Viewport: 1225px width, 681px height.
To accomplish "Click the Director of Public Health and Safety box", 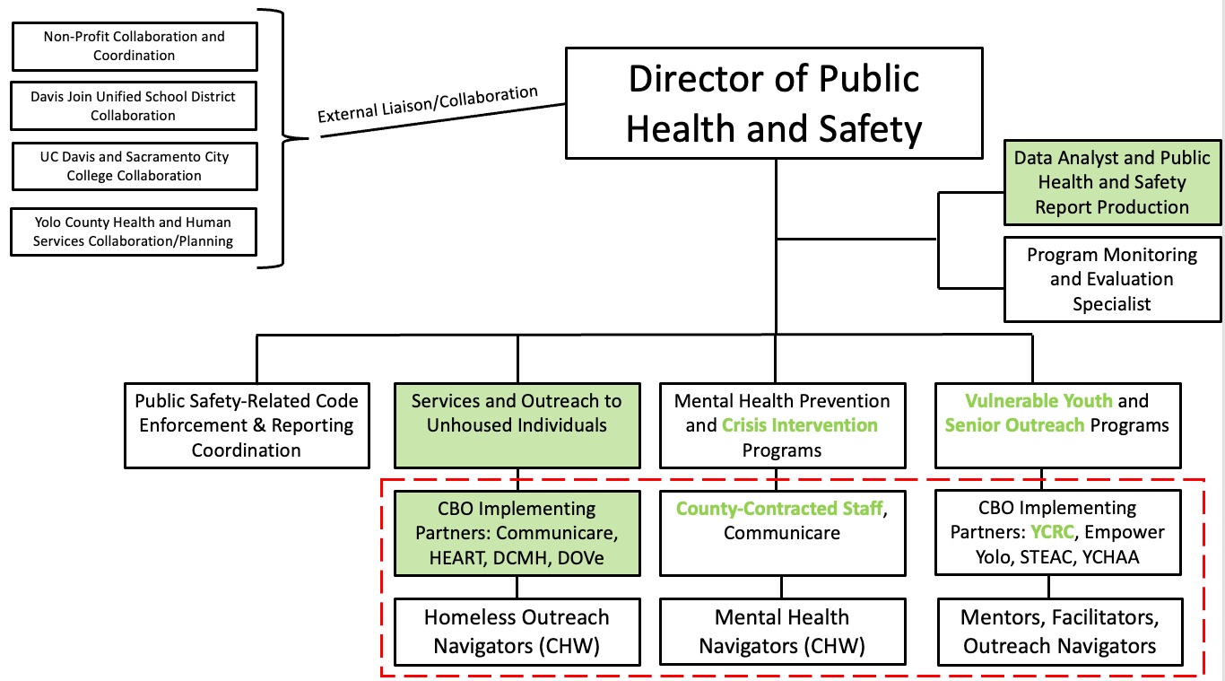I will [774, 104].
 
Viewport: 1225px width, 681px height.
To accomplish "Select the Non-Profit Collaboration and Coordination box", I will [135, 46].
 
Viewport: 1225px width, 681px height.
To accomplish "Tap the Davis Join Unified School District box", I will [135, 105].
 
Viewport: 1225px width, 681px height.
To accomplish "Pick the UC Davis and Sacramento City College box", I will [135, 166].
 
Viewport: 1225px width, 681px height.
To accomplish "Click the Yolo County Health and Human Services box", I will [135, 231].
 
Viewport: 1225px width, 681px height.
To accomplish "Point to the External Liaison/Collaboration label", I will [428, 105].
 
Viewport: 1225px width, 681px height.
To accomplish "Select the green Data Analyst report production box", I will [1112, 182].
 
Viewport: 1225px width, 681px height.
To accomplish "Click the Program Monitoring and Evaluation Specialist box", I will [1112, 279].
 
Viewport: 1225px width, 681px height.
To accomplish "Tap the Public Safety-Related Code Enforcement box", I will [247, 425].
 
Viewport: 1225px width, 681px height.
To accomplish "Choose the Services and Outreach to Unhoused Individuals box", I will [517, 425].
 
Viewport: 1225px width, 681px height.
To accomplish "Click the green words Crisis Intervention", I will [800, 425].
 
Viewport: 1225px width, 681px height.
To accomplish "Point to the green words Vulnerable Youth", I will [1038, 401].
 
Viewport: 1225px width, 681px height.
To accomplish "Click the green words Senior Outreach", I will [1014, 425].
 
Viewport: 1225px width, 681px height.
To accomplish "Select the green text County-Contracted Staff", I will [779, 510].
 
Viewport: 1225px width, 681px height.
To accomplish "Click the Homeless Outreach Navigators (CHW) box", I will [517, 632].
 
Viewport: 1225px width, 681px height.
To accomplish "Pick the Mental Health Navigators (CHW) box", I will [782, 632].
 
